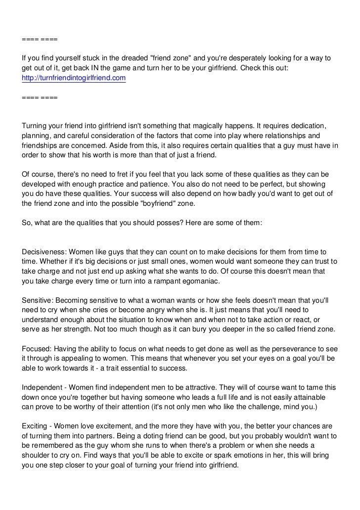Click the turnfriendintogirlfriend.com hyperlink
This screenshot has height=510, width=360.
74,78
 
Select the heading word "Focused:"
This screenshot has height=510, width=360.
36,349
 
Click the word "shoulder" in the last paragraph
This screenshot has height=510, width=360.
37,455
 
